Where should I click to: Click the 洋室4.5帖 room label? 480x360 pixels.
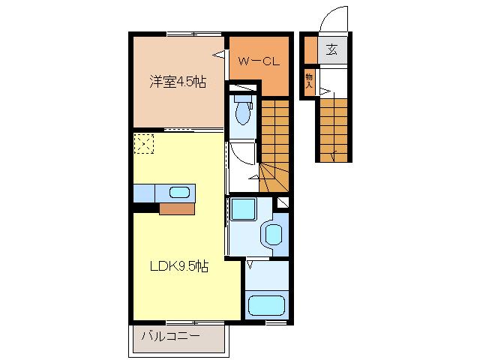(x=177, y=82)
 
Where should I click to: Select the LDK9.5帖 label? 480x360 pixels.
(x=178, y=266)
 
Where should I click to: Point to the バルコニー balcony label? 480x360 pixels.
(x=171, y=337)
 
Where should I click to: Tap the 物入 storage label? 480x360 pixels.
(x=309, y=79)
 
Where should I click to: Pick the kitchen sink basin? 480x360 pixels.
(x=180, y=192)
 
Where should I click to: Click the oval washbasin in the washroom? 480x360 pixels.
(x=274, y=235)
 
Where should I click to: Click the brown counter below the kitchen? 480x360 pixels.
(x=177, y=208)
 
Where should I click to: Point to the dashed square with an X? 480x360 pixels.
(x=143, y=142)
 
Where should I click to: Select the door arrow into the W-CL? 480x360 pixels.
(x=219, y=54)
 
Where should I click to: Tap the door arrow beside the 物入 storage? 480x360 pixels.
(x=324, y=92)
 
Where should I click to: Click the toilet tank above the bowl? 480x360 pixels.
(x=242, y=97)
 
